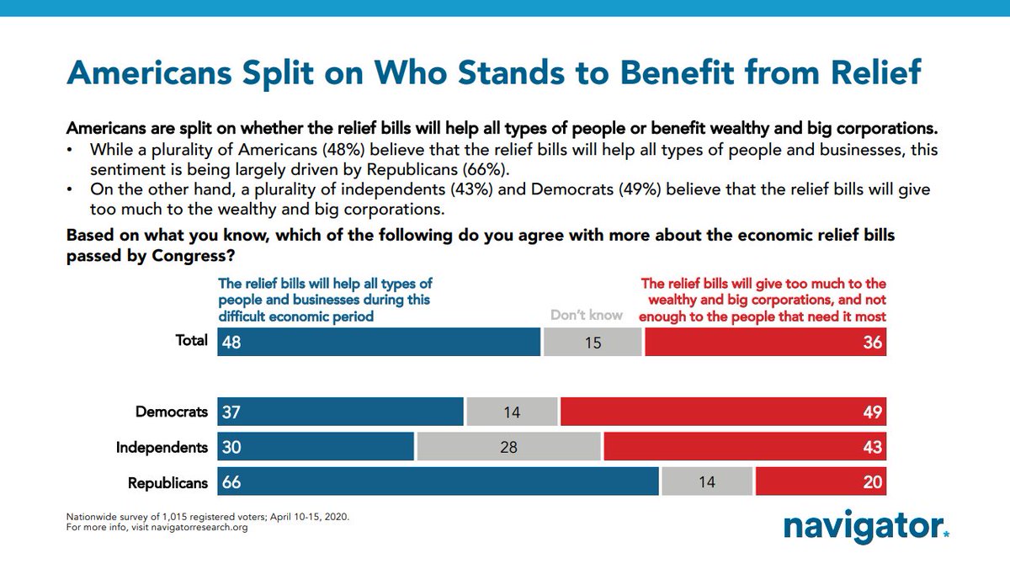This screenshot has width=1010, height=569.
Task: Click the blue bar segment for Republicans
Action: (x=438, y=483)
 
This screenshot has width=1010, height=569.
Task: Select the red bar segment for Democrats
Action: (x=722, y=412)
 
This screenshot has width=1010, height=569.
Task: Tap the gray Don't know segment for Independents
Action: (x=508, y=448)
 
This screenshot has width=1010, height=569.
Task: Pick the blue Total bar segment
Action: (x=379, y=342)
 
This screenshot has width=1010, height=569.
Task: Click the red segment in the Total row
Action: (x=764, y=342)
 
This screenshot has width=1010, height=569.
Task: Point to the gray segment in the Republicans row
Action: (x=706, y=483)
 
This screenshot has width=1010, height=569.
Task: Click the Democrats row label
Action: (x=172, y=412)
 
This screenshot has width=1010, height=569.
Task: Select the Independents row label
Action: (x=162, y=448)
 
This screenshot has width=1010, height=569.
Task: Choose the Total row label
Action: (x=191, y=341)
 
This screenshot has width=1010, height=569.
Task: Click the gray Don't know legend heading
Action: (x=587, y=316)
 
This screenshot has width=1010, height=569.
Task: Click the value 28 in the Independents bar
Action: (x=508, y=448)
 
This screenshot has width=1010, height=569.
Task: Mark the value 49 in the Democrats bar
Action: (x=871, y=412)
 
